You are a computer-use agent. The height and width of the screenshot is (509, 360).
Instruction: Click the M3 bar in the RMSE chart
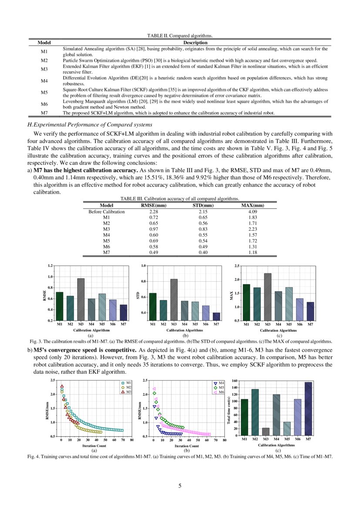81,299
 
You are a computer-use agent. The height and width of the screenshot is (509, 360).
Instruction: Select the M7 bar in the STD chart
217,317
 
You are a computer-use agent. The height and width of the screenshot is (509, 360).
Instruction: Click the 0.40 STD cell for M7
203,252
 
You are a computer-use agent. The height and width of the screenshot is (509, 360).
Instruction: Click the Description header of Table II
195,43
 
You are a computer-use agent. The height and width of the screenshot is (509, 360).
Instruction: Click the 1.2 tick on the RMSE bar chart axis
50,266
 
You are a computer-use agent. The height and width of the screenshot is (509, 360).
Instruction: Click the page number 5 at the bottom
180,486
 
